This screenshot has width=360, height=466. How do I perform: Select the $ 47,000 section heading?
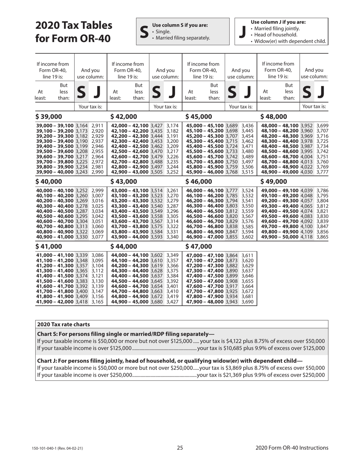(198, 247)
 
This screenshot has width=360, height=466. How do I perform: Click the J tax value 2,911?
(97, 125)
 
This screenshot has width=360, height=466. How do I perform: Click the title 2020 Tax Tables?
(74, 25)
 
